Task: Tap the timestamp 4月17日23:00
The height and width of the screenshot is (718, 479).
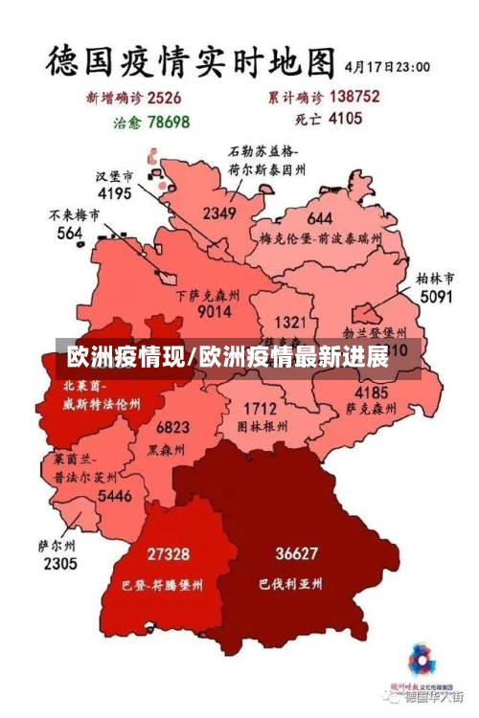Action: [387, 67]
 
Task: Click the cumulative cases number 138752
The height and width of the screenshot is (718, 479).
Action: [354, 96]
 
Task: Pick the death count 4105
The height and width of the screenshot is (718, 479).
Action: [345, 120]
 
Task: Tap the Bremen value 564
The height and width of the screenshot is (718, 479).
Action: [69, 233]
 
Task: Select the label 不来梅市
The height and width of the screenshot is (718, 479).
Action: [74, 215]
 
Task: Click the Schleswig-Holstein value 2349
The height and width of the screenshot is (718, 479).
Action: [219, 213]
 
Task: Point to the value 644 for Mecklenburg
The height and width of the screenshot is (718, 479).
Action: [320, 218]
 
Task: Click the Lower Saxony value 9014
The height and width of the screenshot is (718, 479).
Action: [214, 311]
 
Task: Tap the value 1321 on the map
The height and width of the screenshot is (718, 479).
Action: [290, 323]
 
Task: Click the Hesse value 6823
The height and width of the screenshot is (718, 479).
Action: [172, 426]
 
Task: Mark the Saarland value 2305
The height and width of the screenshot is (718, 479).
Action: [59, 564]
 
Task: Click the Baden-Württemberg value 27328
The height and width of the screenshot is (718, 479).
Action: [168, 553]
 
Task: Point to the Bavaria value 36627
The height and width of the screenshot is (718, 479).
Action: [296, 553]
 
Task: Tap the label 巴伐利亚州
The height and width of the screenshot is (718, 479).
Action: [290, 582]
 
